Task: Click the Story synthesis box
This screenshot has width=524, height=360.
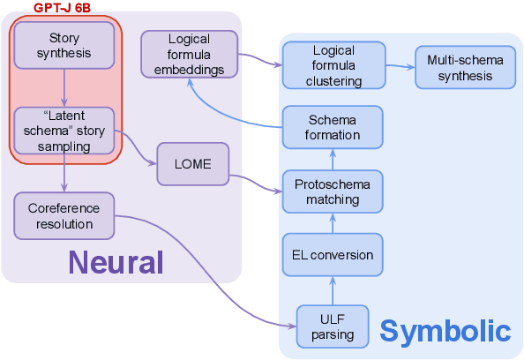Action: coord(64,46)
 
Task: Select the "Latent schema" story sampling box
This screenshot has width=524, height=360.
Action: coord(64,130)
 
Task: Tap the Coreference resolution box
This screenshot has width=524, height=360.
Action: coord(64,216)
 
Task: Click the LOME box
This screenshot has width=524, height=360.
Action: coord(192,163)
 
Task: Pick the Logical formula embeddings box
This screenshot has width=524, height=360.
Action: coord(189,54)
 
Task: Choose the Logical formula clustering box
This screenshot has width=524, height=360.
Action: coord(332,67)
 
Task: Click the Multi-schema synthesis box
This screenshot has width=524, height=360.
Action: coord(466,67)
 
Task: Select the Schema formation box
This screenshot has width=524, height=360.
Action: coord(332,127)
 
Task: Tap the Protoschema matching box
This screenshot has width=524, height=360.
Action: coord(332,191)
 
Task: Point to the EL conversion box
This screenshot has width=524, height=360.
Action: coord(332,255)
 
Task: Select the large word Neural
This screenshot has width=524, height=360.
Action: coord(116,262)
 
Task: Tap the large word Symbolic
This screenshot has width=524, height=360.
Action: coord(445,332)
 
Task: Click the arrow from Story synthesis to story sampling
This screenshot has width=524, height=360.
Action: coord(64,88)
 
